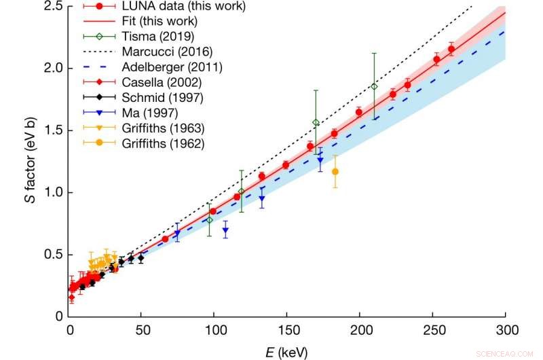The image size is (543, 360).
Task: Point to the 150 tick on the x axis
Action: pyautogui.click(x=288, y=331)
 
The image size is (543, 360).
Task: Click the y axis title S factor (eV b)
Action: pyautogui.click(x=28, y=161)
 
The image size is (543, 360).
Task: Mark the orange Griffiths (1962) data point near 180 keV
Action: pyautogui.click(x=335, y=171)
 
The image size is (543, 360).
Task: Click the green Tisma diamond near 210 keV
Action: pyautogui.click(x=374, y=86)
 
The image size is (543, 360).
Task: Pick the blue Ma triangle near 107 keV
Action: pyautogui.click(x=225, y=230)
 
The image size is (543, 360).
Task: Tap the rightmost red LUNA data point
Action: pyautogui.click(x=451, y=49)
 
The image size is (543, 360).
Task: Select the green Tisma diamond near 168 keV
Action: pyautogui.click(x=316, y=122)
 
